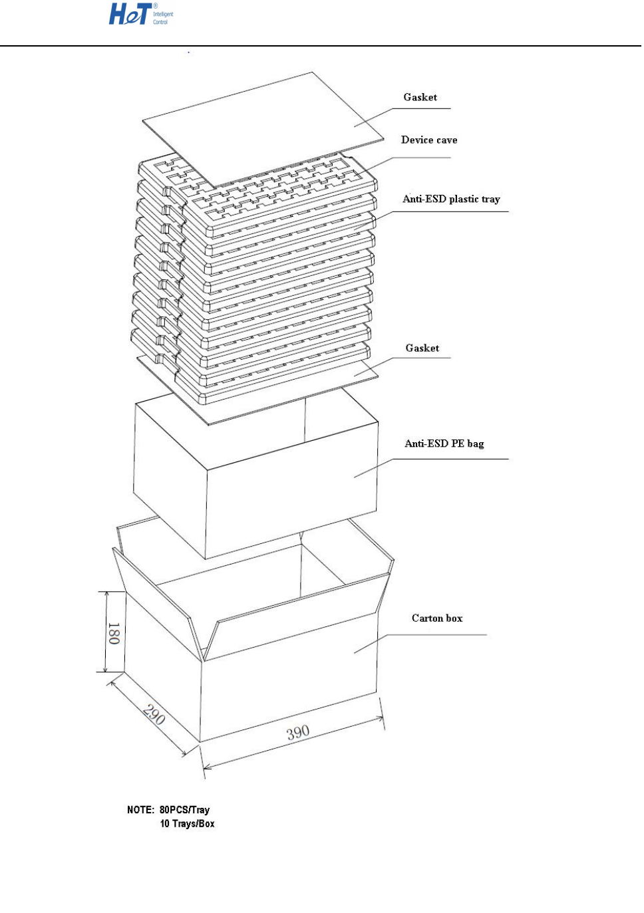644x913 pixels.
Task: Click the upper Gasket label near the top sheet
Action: pos(420,97)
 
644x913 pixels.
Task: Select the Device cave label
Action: pos(428,140)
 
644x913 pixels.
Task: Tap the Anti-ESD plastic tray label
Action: pos(450,199)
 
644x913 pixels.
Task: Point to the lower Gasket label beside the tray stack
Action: pos(422,348)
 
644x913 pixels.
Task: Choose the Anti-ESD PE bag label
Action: pos(444,444)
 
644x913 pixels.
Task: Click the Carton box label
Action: pos(436,618)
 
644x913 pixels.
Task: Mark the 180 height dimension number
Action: pos(114,633)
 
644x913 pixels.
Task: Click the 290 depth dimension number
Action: pos(154,715)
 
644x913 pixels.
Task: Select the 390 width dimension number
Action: pos(298,732)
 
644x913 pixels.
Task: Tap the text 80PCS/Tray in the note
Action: pos(184,809)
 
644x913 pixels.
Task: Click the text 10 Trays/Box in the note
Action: pos(187,823)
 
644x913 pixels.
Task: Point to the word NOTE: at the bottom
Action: pos(140,809)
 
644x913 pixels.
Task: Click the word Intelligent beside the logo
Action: pos(163,14)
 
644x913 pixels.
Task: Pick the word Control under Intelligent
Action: pos(160,22)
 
